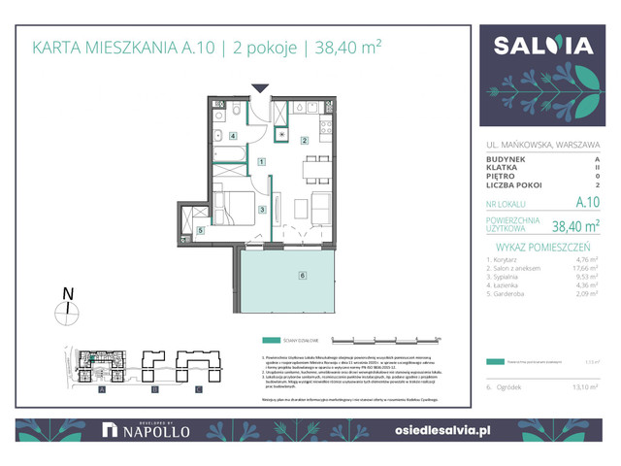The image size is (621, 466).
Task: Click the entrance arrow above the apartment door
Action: [259, 89]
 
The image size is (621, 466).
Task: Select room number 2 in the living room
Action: [304, 141]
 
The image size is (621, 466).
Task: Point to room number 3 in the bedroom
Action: [262, 210]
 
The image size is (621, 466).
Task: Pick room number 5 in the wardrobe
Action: [200, 231]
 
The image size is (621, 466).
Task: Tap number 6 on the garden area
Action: [303, 276]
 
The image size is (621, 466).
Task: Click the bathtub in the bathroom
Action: [234, 155]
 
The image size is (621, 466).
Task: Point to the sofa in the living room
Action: [320, 206]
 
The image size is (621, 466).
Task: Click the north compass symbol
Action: [67, 309]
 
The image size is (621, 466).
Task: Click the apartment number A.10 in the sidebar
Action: [586, 203]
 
